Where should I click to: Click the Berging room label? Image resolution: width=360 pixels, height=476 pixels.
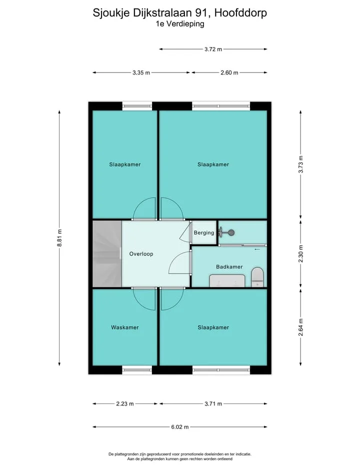tap(204, 233)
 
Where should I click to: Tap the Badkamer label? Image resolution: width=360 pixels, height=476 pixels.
tap(229, 267)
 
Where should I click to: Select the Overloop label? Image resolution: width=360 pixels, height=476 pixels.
tap(141, 254)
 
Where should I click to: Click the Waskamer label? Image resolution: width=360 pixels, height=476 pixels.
tap(124, 327)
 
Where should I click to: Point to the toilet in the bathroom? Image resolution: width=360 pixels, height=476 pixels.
tap(258, 277)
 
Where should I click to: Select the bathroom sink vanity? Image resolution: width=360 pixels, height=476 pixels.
tap(227, 281)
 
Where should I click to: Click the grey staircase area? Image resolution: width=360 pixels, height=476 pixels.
tap(107, 254)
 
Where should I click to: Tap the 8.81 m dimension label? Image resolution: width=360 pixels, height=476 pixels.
tap(59, 238)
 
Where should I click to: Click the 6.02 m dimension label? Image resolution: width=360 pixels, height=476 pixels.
tap(180, 427)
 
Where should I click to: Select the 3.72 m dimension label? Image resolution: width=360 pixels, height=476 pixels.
tap(213, 49)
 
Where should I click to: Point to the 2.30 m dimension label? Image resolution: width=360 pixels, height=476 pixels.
tap(300, 254)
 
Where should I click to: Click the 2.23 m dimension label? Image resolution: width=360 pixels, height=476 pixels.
tap(125, 404)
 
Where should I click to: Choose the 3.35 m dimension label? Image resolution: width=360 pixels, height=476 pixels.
tap(141, 73)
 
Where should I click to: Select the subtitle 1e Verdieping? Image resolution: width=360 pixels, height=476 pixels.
tap(180, 24)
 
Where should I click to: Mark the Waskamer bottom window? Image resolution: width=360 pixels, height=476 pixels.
tap(137, 370)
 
